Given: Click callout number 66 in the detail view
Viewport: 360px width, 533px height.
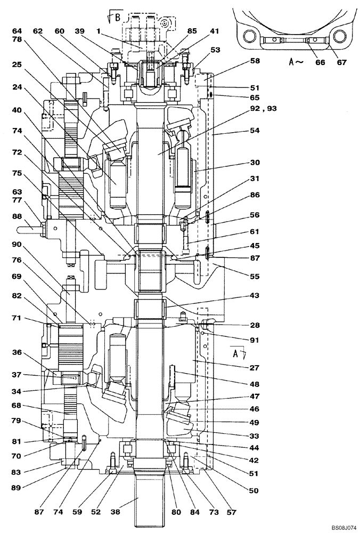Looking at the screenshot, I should (320, 62).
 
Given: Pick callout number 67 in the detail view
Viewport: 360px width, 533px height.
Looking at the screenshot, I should (341, 62).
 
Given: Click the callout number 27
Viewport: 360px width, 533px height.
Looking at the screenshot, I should (254, 367).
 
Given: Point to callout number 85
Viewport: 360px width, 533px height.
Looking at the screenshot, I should (191, 31).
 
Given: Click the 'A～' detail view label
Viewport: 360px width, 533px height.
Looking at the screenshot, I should (297, 62).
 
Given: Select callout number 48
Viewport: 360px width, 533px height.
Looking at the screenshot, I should (254, 383).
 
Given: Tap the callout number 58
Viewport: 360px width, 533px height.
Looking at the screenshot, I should (254, 61).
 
